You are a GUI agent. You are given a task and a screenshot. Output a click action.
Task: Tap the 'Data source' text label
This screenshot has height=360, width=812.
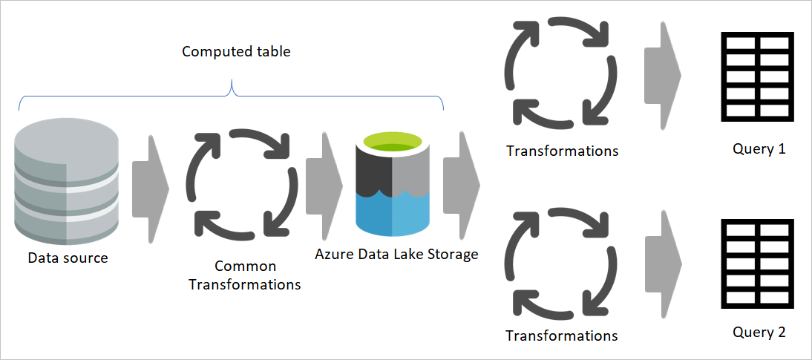(68, 258)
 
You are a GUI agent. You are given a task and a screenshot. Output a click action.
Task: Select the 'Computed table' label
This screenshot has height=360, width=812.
(236, 52)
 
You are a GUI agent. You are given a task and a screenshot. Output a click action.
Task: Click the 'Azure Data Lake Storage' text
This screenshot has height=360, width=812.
(396, 254)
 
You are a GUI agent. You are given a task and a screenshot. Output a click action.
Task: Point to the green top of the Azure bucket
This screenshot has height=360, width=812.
(393, 141)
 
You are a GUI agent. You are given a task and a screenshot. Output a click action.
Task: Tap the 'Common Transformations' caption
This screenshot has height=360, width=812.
(245, 275)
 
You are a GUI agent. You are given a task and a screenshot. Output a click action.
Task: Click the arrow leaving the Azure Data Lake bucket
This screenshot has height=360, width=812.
(461, 183)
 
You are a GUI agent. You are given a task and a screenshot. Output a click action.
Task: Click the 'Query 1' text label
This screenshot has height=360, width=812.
(758, 148)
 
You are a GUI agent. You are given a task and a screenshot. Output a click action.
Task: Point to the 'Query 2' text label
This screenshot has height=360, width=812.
(758, 332)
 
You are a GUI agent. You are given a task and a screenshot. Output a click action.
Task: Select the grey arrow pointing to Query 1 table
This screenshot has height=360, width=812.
(663, 74)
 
